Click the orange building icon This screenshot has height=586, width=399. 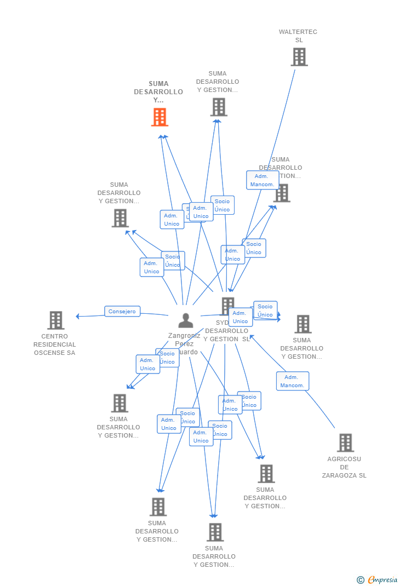pyautogui.click(x=159, y=117)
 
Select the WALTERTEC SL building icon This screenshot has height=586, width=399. pyautogui.click(x=299, y=57)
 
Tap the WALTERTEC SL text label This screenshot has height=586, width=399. pyautogui.click(x=298, y=36)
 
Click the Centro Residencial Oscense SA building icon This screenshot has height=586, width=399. pyautogui.click(x=55, y=320)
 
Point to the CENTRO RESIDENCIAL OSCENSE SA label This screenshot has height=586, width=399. pyautogui.click(x=55, y=344)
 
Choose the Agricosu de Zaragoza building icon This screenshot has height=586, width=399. pyautogui.click(x=345, y=443)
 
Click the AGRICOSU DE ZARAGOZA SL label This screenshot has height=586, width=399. pyautogui.click(x=344, y=467)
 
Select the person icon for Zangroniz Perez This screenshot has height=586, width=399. pyautogui.click(x=186, y=320)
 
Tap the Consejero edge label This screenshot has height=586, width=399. pyautogui.click(x=122, y=312)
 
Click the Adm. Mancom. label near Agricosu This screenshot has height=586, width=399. pyautogui.click(x=292, y=381)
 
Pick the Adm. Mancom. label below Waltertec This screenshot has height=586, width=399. pyautogui.click(x=262, y=180)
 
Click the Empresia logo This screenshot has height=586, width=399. pyautogui.click(x=382, y=579)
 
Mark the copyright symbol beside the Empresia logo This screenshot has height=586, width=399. pyautogui.click(x=361, y=579)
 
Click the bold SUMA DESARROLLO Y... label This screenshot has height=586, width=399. pyautogui.click(x=158, y=92)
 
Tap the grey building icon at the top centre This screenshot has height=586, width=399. pyautogui.click(x=219, y=107)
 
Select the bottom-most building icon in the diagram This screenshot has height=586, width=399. pyautogui.click(x=215, y=532)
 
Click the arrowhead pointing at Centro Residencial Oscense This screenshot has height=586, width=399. pyautogui.click(x=78, y=316)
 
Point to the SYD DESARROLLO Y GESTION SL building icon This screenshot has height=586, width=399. pyautogui.click(x=227, y=306)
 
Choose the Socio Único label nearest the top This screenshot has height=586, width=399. pyautogui.click(x=222, y=205)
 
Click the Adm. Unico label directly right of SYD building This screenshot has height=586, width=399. pyautogui.click(x=240, y=317)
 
